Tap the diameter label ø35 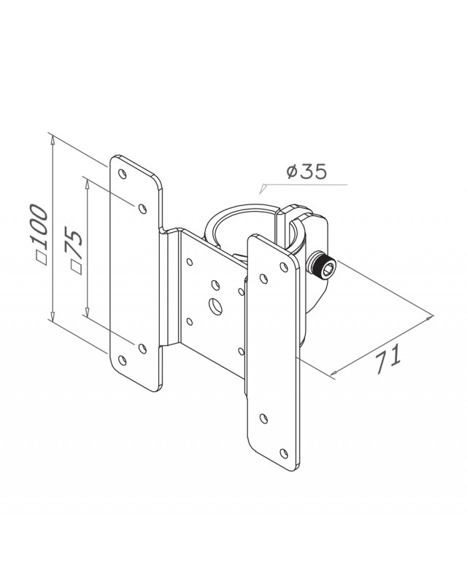click(x=307, y=171)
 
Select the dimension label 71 click(x=387, y=358)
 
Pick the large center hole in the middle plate click(x=215, y=306)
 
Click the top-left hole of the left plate click(x=122, y=174)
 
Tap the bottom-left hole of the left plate click(x=122, y=360)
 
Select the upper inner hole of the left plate click(x=142, y=209)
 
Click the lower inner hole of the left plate click(x=142, y=348)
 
